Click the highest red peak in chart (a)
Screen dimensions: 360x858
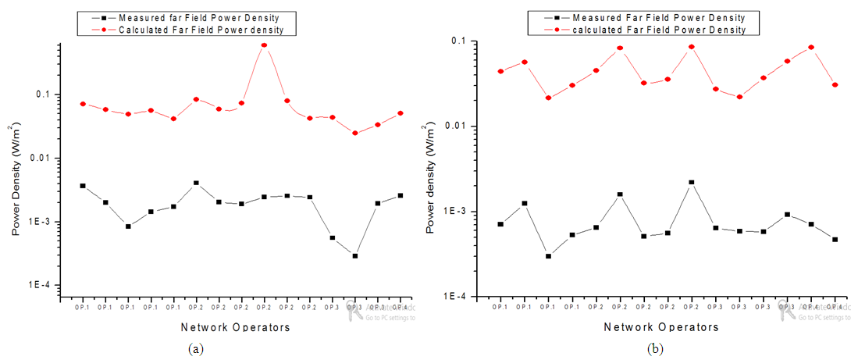(264, 45)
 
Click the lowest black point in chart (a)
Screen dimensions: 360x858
(354, 256)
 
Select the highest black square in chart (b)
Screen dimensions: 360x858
(691, 182)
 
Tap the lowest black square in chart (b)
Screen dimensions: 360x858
(548, 256)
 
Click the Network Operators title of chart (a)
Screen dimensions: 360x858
(236, 327)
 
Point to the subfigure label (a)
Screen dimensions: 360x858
(195, 349)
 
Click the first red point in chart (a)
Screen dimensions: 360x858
(83, 104)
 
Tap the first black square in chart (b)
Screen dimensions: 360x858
(500, 224)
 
